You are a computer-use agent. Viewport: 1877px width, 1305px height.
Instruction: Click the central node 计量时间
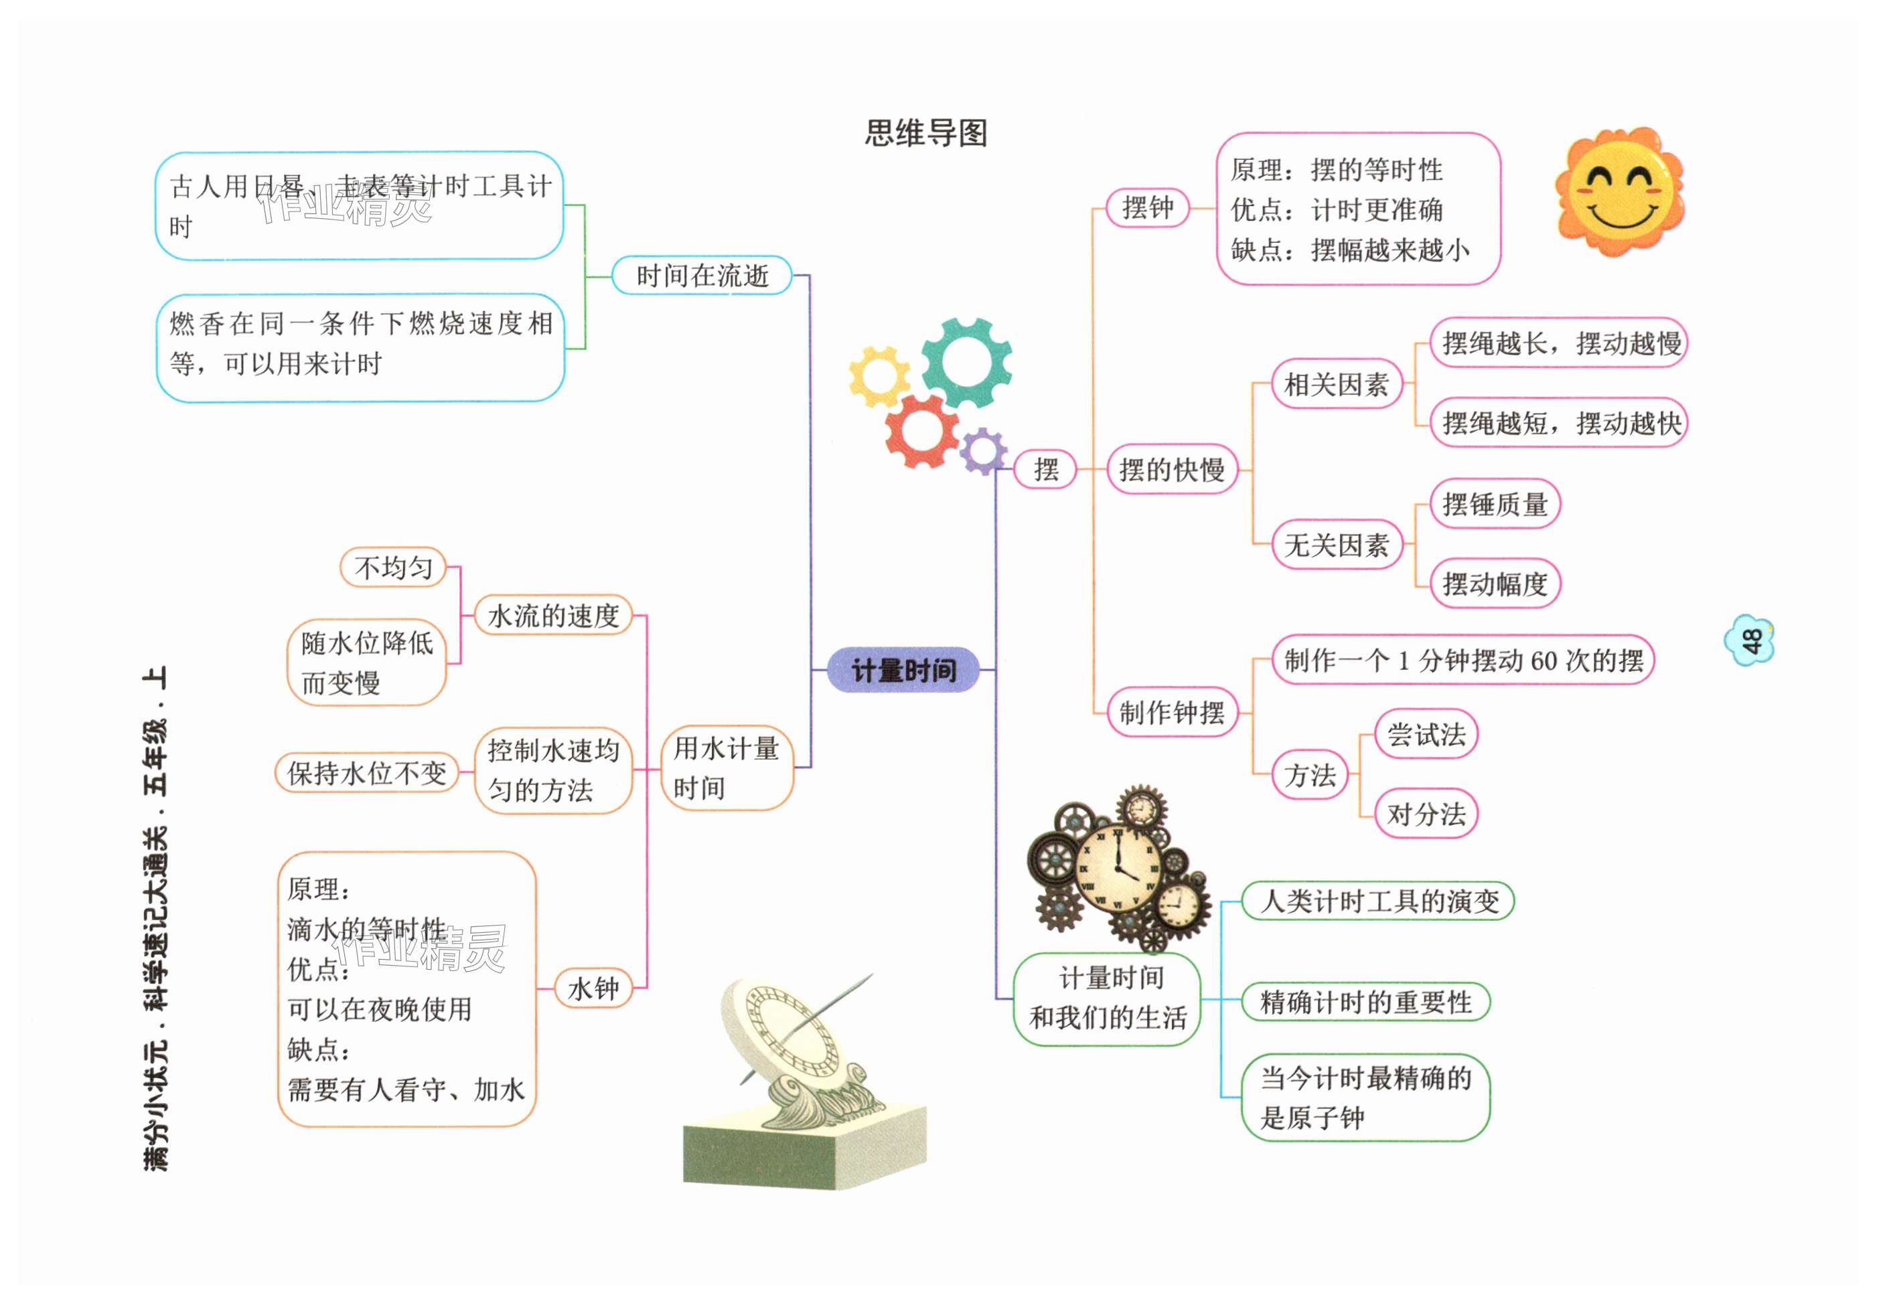click(903, 670)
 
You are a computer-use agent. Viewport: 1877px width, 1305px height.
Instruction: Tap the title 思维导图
click(926, 133)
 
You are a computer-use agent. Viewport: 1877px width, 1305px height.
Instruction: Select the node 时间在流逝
click(701, 275)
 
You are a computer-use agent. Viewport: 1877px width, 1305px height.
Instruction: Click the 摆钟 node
click(1147, 207)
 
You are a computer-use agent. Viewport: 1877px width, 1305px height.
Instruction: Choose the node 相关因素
click(1336, 384)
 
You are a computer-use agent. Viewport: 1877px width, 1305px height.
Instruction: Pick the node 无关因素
click(1336, 544)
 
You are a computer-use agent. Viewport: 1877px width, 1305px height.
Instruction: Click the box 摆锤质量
click(1495, 504)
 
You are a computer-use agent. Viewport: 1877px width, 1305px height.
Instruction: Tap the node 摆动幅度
click(1495, 584)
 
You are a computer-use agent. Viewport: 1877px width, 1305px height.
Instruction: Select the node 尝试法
click(1426, 733)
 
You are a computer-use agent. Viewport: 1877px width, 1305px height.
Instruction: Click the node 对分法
click(1426, 813)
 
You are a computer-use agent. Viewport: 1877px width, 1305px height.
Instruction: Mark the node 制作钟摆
click(1171, 712)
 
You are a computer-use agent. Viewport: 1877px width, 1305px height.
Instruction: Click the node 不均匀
click(393, 567)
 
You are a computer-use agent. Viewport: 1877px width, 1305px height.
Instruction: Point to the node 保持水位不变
click(366, 772)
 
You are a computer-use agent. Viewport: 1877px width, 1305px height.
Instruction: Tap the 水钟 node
click(593, 988)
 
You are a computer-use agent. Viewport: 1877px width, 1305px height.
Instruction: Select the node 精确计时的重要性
click(1365, 1002)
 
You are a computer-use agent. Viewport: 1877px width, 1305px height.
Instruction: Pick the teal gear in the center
click(966, 362)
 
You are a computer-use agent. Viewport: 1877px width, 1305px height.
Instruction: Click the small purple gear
click(982, 450)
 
